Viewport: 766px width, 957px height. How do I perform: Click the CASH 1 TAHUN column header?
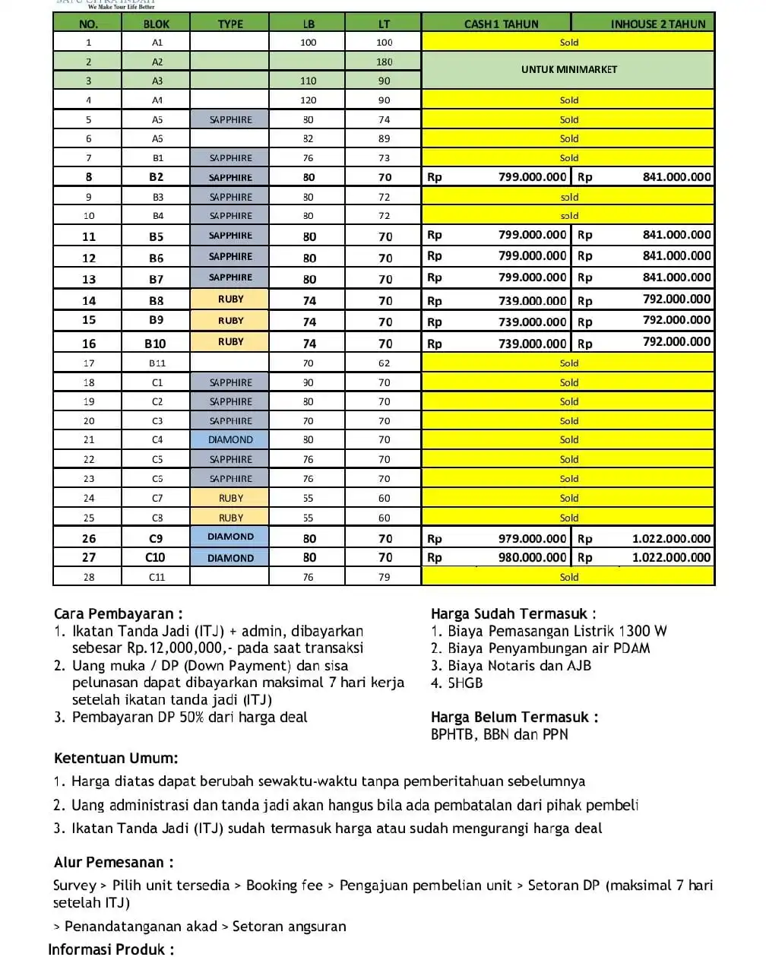501,24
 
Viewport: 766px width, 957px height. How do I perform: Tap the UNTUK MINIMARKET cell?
568,69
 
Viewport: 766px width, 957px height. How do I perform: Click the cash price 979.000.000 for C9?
532,538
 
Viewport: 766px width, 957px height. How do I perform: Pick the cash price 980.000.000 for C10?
532,557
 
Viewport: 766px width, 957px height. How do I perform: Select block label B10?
155,343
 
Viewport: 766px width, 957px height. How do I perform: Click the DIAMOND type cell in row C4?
230,439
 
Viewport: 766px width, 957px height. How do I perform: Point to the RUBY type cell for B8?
230,299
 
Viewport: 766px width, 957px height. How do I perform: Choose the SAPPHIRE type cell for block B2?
230,177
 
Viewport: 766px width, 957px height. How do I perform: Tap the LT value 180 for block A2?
384,62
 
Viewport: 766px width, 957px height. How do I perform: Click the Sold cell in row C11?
568,577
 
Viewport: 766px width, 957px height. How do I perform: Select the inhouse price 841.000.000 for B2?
676,177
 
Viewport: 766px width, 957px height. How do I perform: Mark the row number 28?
89,577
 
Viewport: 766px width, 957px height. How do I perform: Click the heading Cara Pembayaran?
118,613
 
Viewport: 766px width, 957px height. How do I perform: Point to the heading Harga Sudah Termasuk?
513,613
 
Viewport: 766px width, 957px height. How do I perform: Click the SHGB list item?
464,683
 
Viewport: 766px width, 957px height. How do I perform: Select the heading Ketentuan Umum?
116,758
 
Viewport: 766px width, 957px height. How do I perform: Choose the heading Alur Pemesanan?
113,862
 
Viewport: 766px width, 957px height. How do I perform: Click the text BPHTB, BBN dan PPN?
499,734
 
